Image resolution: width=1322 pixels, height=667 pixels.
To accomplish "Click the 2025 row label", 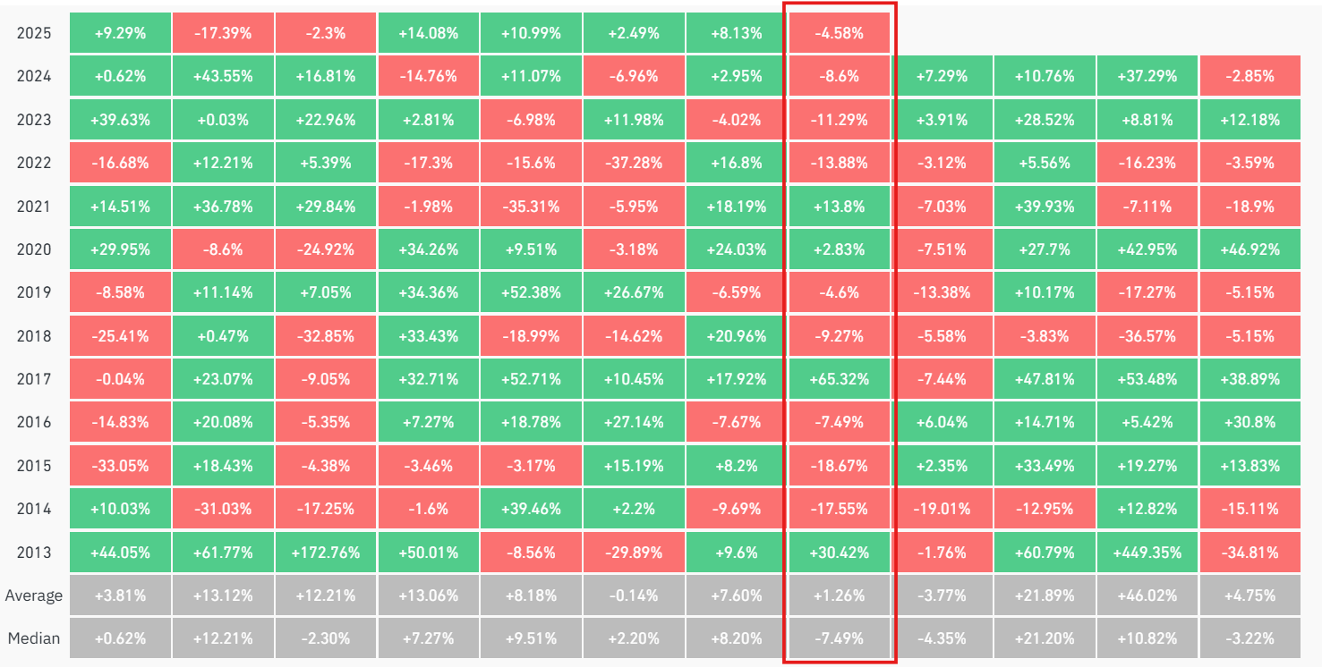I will pyautogui.click(x=34, y=33).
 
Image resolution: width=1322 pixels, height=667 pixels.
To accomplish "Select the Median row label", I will pyautogui.click(x=34, y=638).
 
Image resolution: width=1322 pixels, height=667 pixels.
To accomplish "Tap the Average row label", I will pyautogui.click(x=34, y=595).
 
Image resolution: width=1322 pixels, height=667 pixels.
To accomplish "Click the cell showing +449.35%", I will pyautogui.click(x=1147, y=553).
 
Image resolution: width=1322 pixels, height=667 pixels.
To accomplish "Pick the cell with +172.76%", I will pyautogui.click(x=326, y=553).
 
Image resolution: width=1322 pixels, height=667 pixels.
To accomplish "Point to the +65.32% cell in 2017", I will pyautogui.click(x=839, y=379).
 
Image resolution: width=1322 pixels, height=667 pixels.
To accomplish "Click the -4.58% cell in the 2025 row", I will pyautogui.click(x=839, y=33).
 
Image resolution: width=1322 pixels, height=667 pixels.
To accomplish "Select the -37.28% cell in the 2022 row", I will pyautogui.click(x=634, y=163).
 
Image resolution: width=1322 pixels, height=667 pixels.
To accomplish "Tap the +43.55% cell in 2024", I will pyautogui.click(x=223, y=76).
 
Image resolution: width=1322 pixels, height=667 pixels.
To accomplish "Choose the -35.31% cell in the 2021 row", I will pyautogui.click(x=531, y=207).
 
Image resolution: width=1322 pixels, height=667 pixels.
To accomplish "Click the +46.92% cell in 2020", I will pyautogui.click(x=1250, y=249).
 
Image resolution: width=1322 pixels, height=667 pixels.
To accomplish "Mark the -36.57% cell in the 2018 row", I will pyautogui.click(x=1147, y=336).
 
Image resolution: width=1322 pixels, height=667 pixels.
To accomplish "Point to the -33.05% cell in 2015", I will pyautogui.click(x=120, y=466).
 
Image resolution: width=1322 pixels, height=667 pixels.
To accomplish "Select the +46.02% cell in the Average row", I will pyautogui.click(x=1147, y=595).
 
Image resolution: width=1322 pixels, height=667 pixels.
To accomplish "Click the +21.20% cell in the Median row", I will pyautogui.click(x=1045, y=638).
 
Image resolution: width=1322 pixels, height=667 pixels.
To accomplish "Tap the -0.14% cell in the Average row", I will pyautogui.click(x=634, y=595).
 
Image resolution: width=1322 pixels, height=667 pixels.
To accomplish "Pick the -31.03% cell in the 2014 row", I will pyautogui.click(x=223, y=509).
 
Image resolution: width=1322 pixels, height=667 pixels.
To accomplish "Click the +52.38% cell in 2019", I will pyautogui.click(x=531, y=292).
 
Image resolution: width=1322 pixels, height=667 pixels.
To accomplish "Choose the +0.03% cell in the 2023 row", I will pyautogui.click(x=223, y=120).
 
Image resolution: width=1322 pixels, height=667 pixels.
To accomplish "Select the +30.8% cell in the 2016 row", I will pyautogui.click(x=1250, y=422).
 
